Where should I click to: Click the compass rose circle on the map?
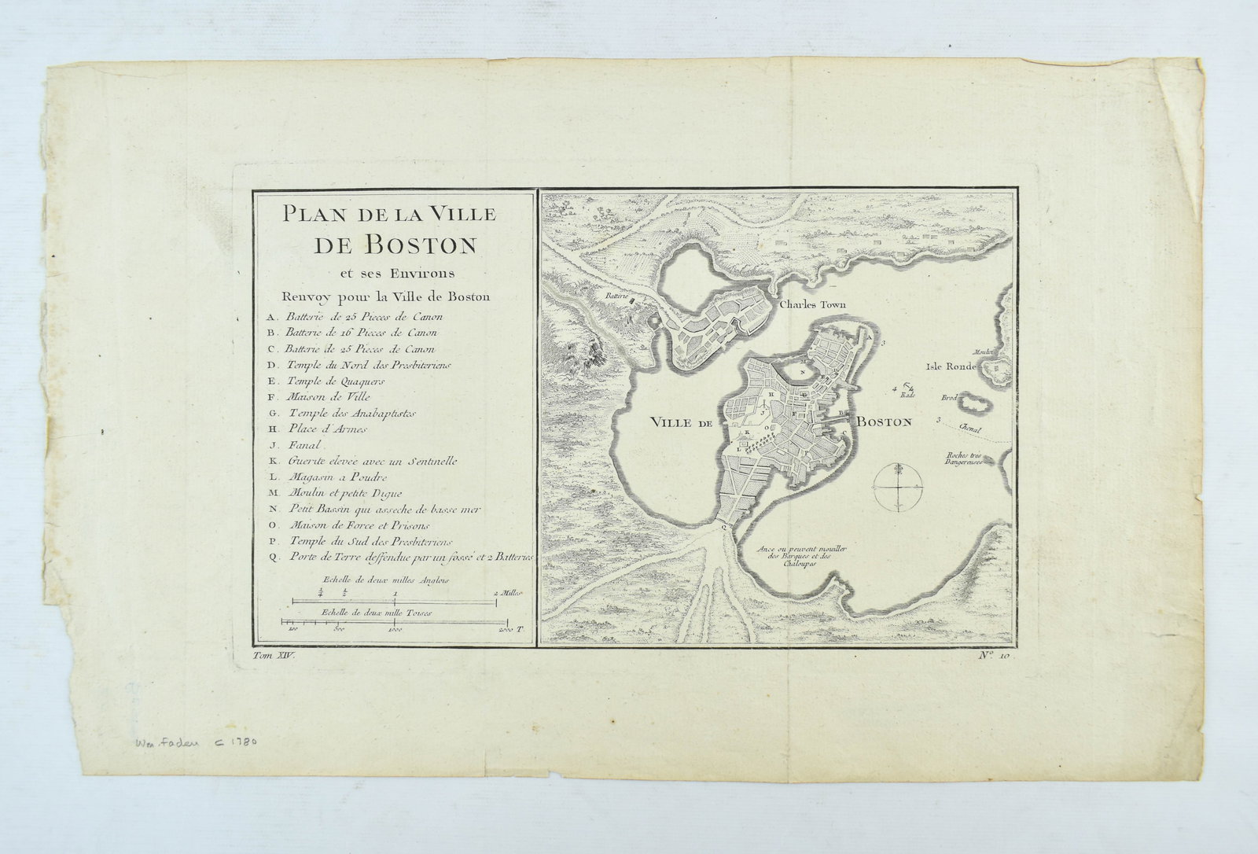pyautogui.click(x=895, y=488)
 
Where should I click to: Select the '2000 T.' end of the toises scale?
pyautogui.click(x=510, y=630)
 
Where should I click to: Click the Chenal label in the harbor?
pyautogui.click(x=972, y=429)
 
